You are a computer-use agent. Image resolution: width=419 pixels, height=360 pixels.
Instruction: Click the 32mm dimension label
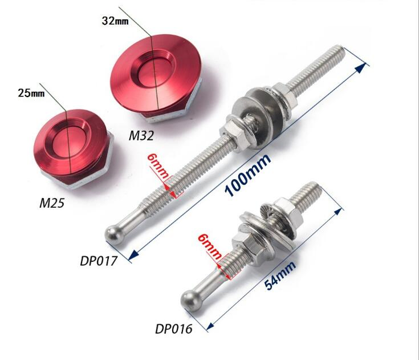click(115, 21)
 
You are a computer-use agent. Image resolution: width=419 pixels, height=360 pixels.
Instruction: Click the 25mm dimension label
click(31, 93)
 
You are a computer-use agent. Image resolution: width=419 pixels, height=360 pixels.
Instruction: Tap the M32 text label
click(141, 136)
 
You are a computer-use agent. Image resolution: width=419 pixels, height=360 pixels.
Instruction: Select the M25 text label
click(52, 203)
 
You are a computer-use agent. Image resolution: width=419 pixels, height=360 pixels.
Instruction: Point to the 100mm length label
click(248, 175)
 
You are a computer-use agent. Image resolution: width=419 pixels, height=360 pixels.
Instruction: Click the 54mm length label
click(280, 276)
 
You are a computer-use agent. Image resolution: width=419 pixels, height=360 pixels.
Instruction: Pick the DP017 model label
click(99, 261)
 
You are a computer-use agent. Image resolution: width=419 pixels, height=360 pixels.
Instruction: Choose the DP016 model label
click(174, 329)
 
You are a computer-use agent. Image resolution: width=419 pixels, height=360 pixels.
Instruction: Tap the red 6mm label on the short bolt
click(210, 246)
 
